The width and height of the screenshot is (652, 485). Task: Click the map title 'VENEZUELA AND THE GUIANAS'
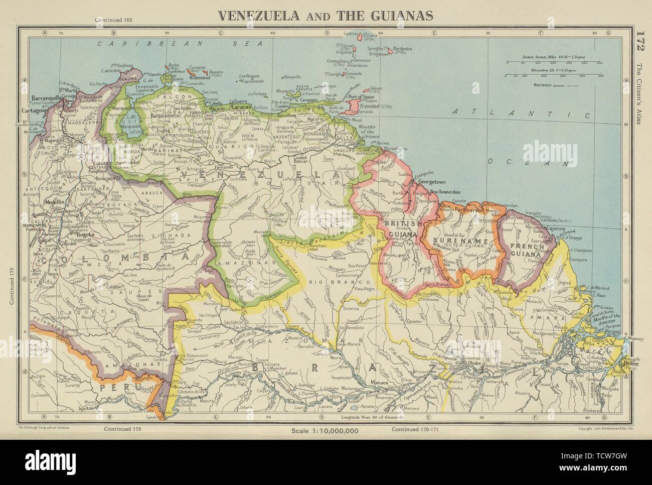click(x=325, y=16)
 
